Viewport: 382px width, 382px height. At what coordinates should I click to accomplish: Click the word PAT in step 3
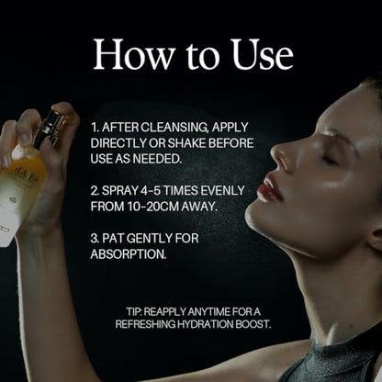[113, 239]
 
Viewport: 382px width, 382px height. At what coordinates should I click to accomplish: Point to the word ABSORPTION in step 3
[129, 254]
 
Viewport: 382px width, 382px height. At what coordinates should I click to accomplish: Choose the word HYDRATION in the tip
[206, 324]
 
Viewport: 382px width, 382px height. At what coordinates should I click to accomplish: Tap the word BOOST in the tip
[253, 324]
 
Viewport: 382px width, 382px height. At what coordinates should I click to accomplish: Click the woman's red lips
[269, 188]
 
